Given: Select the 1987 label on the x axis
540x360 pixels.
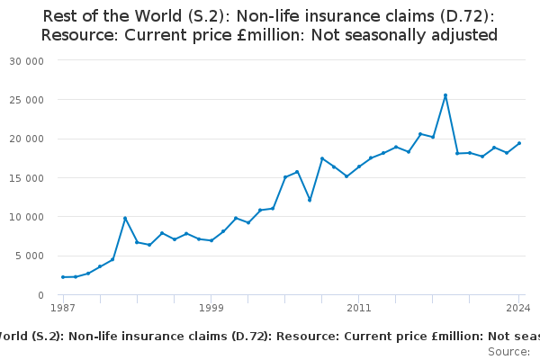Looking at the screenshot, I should click(x=63, y=308).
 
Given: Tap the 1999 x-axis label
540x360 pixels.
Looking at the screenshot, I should click(x=211, y=308).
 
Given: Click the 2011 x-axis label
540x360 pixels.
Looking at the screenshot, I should click(x=358, y=308).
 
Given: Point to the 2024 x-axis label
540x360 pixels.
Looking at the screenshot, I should click(x=518, y=308).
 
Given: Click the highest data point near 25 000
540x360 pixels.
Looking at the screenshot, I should click(x=445, y=95).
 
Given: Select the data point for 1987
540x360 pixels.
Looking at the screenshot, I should click(x=63, y=277).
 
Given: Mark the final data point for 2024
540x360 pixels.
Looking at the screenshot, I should click(x=518, y=143).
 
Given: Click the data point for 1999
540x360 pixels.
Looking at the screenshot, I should click(x=211, y=240).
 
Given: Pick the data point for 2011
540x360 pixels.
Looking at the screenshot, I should click(x=358, y=166).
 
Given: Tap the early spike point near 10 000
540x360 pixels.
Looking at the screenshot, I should click(x=125, y=218).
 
